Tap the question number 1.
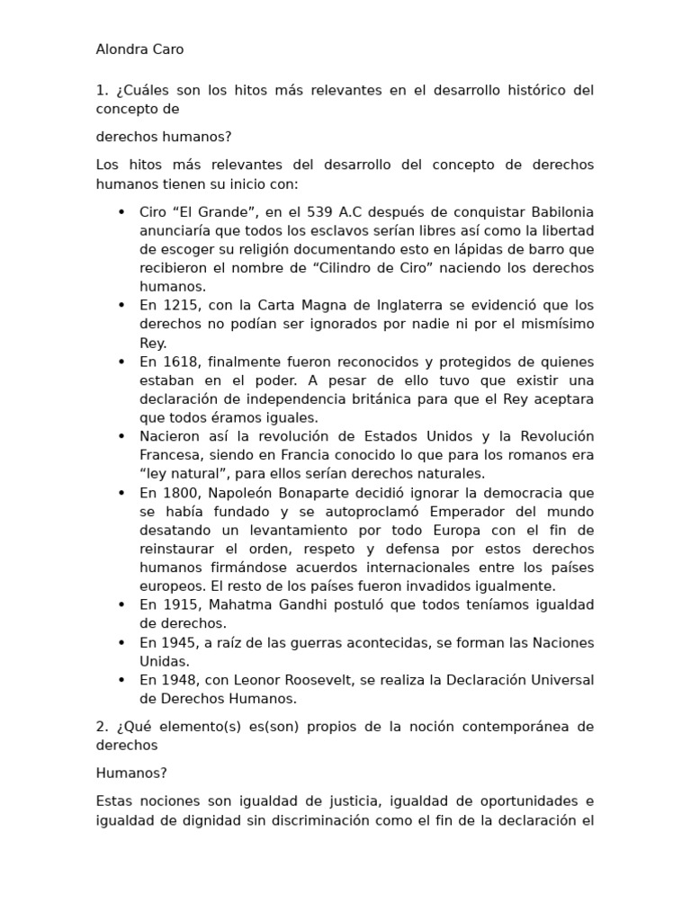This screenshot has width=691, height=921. [101, 90]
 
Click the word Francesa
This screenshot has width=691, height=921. [170, 455]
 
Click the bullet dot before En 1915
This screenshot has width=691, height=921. [121, 604]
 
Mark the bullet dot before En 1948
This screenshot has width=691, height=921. [121, 679]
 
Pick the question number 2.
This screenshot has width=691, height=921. [101, 726]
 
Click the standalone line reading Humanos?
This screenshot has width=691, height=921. [131, 773]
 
